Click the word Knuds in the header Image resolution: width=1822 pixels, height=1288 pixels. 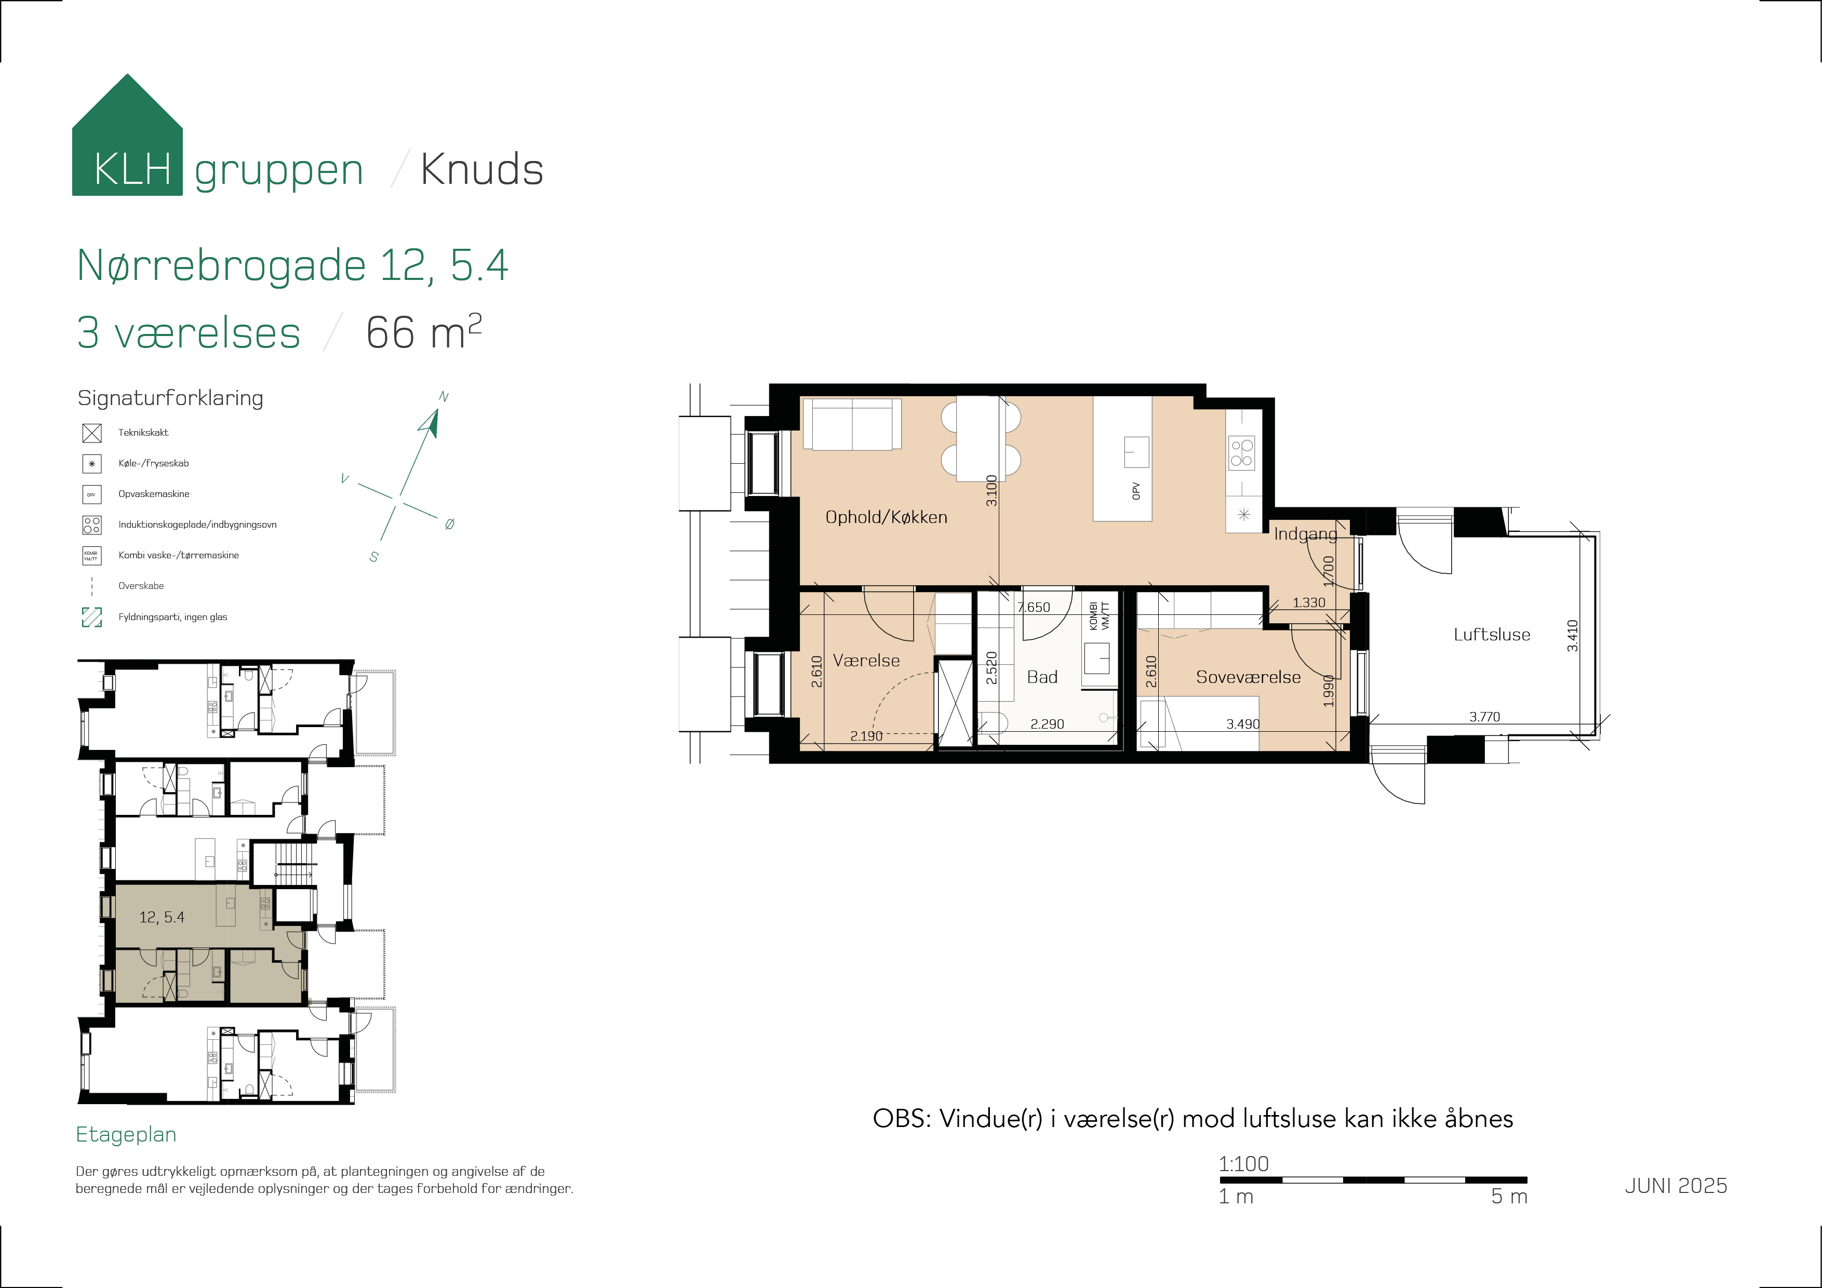pyautogui.click(x=481, y=170)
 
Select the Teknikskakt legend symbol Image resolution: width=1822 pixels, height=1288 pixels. pyautogui.click(x=92, y=433)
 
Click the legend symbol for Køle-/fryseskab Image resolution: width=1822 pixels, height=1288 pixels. pyautogui.click(x=92, y=463)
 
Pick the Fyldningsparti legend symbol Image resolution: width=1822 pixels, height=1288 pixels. pyautogui.click(x=92, y=616)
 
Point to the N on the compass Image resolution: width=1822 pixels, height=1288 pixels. pyautogui.click(x=444, y=397)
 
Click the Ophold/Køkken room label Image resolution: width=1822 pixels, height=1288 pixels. pyautogui.click(x=887, y=517)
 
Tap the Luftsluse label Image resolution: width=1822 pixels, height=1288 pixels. pyautogui.click(x=1492, y=634)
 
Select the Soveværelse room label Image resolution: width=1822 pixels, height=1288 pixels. pyautogui.click(x=1248, y=677)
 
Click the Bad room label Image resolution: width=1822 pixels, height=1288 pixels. pyautogui.click(x=1042, y=677)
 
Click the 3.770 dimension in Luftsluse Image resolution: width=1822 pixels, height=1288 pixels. pyautogui.click(x=1485, y=717)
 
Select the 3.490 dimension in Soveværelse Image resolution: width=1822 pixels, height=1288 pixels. pyautogui.click(x=1243, y=724)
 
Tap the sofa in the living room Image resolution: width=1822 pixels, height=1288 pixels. pyautogui.click(x=852, y=424)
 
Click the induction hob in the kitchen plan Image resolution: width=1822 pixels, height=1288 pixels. pyautogui.click(x=1241, y=452)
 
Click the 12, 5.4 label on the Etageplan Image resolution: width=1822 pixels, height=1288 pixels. pyautogui.click(x=162, y=917)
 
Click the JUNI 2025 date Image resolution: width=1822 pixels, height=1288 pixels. pyautogui.click(x=1676, y=1186)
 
